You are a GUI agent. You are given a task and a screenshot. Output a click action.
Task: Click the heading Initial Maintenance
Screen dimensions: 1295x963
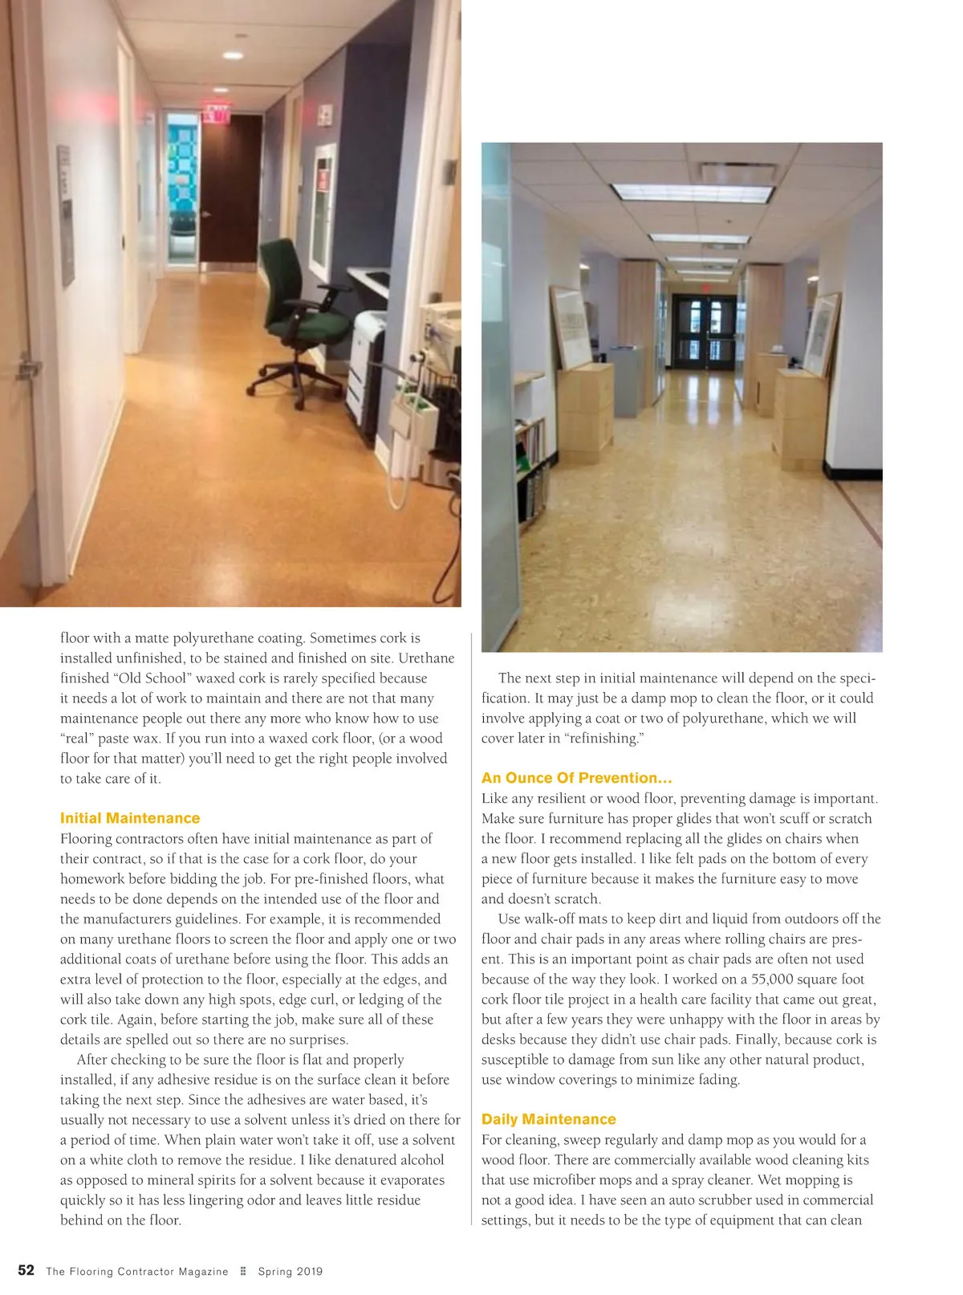[x=130, y=818]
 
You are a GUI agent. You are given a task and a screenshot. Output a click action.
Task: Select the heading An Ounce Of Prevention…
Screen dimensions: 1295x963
[x=576, y=778]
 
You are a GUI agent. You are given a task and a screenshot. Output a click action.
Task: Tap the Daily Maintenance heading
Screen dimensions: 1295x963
[x=549, y=1119]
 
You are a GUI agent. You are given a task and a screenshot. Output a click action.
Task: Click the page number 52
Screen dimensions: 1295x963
[x=26, y=1270]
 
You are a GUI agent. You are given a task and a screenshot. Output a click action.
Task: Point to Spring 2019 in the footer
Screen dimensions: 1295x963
[x=290, y=1272]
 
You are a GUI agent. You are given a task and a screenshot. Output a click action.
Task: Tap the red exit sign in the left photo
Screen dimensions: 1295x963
[x=215, y=113]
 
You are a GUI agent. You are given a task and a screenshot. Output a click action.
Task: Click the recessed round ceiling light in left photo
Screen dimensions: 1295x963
[x=233, y=55]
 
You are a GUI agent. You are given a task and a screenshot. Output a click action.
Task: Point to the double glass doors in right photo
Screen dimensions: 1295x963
[x=704, y=331]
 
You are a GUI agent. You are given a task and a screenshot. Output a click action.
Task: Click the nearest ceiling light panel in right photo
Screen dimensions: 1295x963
[x=692, y=193]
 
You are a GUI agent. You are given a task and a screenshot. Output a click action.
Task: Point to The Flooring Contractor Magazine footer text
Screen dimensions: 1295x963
[x=137, y=1272]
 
